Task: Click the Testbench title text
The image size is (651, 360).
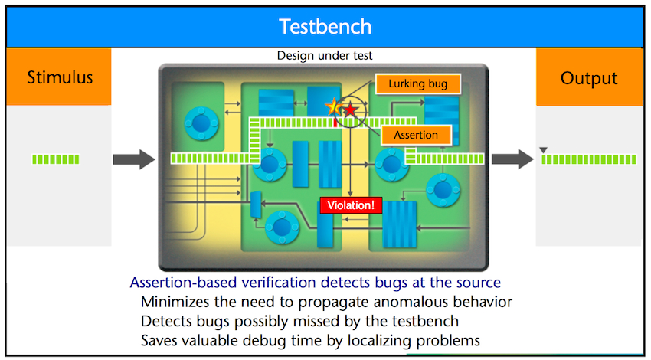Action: pyautogui.click(x=325, y=27)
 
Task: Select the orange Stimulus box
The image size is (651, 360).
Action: pyautogui.click(x=59, y=77)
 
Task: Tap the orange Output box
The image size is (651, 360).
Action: pyautogui.click(x=589, y=77)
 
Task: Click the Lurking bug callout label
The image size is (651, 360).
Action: pyautogui.click(x=418, y=84)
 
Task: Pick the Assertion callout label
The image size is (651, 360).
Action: pyautogui.click(x=416, y=135)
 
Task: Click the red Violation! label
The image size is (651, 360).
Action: pyautogui.click(x=351, y=205)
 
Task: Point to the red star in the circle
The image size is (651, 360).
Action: pyautogui.click(x=351, y=110)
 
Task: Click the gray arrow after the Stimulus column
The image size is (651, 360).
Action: pyautogui.click(x=134, y=159)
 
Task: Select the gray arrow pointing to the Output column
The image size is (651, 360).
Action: pyautogui.click(x=512, y=159)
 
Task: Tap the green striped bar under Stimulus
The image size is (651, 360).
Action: pyautogui.click(x=56, y=159)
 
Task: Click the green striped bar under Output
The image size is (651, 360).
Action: pyautogui.click(x=589, y=159)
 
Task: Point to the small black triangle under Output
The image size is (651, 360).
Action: pyautogui.click(x=543, y=150)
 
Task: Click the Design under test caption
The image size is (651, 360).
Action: pyautogui.click(x=325, y=56)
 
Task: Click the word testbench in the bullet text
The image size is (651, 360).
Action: pyautogui.click(x=425, y=322)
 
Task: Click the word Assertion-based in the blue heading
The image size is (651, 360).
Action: pyautogui.click(x=184, y=283)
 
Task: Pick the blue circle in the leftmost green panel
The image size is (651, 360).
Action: pyautogui.click(x=201, y=123)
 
